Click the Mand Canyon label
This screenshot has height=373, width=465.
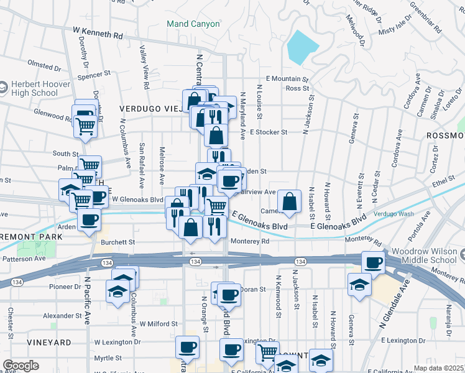coord(193,24)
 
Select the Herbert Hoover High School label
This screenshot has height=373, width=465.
coord(34,88)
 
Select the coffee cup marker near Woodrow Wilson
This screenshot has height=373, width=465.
coord(373,263)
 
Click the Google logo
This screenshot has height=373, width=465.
coord(21,366)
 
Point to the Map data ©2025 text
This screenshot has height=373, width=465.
coord(439,368)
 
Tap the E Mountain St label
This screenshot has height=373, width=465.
coord(287,79)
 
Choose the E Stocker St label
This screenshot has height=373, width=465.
coord(269,132)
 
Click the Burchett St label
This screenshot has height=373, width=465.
coord(120,242)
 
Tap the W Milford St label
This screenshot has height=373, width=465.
coord(159,324)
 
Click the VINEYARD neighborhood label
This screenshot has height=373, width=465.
coord(49,343)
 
